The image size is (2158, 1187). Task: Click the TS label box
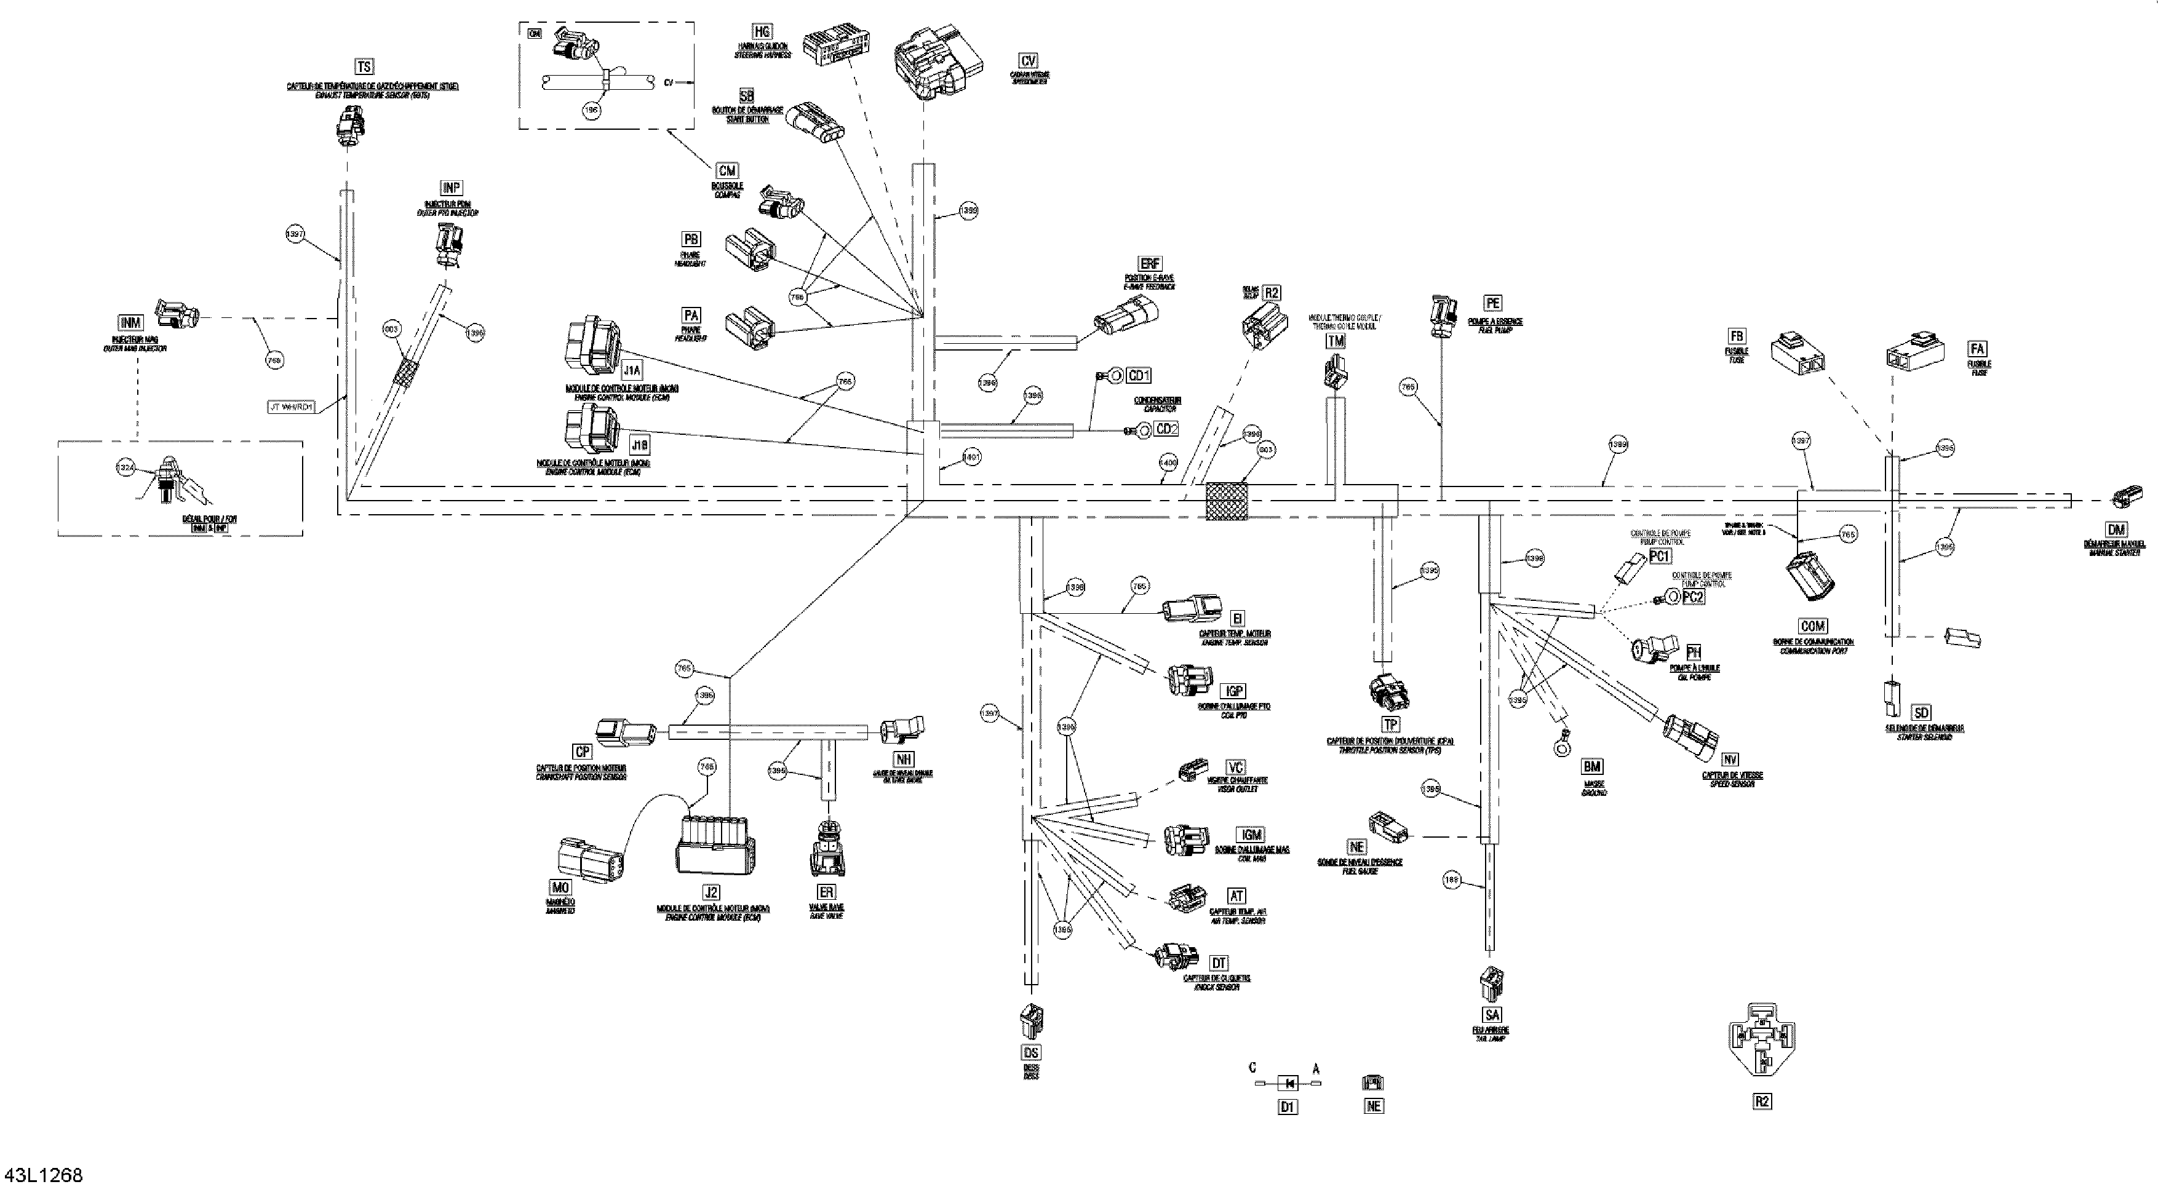click(364, 67)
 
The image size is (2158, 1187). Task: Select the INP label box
click(452, 188)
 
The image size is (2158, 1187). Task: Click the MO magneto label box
click(560, 887)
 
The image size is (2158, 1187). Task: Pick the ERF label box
click(1150, 264)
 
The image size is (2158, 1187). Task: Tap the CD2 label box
click(1166, 429)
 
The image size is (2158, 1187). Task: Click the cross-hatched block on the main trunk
click(1225, 501)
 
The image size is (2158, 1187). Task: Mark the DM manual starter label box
click(2116, 530)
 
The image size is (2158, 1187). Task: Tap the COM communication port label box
click(1813, 625)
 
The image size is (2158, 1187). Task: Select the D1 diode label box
click(1288, 1106)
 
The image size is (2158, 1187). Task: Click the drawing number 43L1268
click(44, 1175)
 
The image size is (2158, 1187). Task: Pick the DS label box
click(1031, 1053)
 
